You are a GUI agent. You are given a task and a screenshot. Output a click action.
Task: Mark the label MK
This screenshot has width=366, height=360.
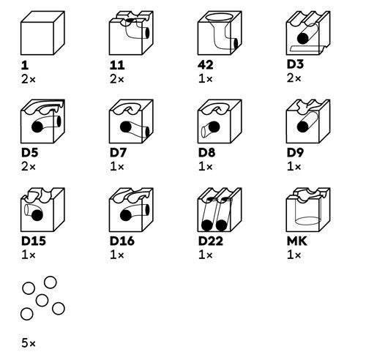click(296, 241)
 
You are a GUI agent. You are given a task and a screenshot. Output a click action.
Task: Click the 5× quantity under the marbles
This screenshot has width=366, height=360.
click(29, 342)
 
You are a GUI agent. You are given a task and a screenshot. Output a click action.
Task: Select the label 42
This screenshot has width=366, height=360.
click(206, 65)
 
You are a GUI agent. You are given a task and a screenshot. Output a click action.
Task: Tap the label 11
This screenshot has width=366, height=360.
click(117, 65)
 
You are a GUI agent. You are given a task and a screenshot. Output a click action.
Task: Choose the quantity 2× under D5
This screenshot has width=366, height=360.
click(29, 166)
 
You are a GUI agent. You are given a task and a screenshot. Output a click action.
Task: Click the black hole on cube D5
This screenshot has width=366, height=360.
click(34, 126)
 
